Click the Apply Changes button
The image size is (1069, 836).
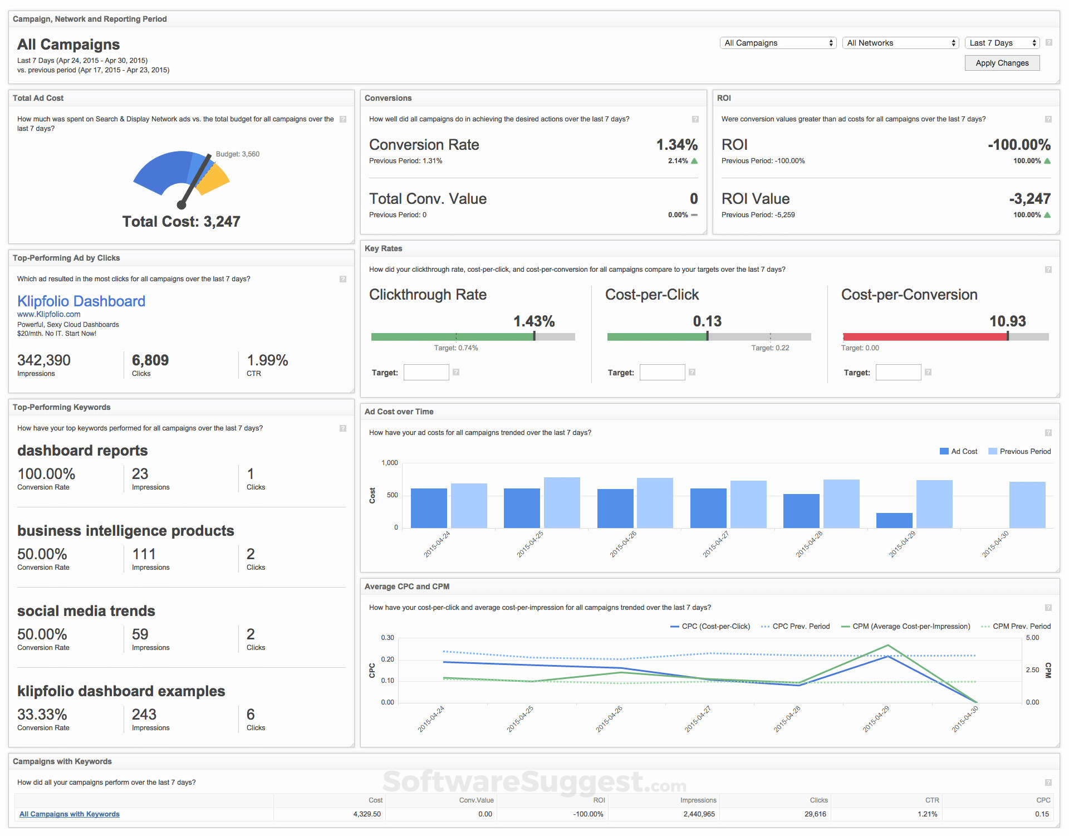pos(1002,63)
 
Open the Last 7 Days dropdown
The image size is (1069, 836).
pos(1002,43)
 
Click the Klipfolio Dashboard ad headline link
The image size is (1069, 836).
pos(81,301)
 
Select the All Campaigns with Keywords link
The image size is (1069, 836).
pos(70,814)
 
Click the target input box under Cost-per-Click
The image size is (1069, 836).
pos(662,373)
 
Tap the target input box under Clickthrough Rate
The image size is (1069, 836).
pos(426,373)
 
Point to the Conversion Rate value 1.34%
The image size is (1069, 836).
pos(676,145)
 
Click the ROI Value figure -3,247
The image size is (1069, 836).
pos(1029,199)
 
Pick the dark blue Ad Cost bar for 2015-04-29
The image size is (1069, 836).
pos(894,521)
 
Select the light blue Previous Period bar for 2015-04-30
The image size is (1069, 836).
pos(1027,505)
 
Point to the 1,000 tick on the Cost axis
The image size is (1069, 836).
pos(390,463)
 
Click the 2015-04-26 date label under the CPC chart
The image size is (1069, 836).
pos(609,718)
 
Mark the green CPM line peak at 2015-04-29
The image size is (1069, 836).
pos(888,646)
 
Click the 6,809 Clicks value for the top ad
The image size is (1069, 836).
pos(150,360)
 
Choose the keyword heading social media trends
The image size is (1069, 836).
pos(86,611)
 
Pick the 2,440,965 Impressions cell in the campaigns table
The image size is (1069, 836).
pos(699,814)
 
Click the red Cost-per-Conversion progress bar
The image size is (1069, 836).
pos(925,337)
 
